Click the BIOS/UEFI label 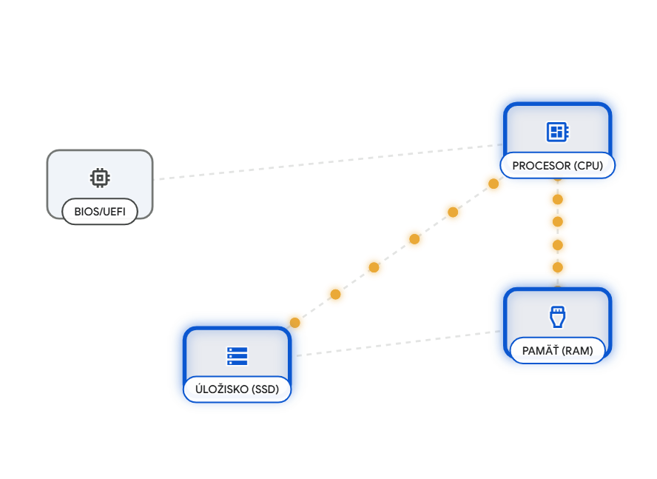tap(100, 212)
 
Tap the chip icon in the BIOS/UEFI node tap(100, 178)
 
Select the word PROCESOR tap(541, 165)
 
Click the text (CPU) tap(588, 165)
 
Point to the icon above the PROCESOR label tap(557, 132)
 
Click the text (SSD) tap(266, 389)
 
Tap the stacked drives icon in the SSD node tap(237, 356)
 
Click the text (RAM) tap(578, 351)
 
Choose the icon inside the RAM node tap(557, 317)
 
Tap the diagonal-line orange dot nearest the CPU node tap(493, 184)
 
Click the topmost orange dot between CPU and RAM tap(557, 198)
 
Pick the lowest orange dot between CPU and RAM tap(557, 267)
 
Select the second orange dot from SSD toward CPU tap(335, 294)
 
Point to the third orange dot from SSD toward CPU tap(374, 267)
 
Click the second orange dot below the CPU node tap(557, 221)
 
